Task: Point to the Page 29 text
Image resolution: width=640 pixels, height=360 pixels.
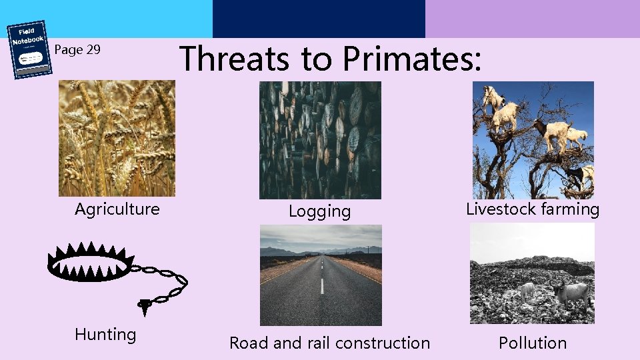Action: click(77, 49)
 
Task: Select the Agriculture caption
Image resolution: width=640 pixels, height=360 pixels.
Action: click(117, 209)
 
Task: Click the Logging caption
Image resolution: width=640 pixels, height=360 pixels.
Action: click(319, 212)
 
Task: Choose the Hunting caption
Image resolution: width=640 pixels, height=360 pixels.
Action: click(105, 335)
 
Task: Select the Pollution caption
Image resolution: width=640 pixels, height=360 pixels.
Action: click(533, 343)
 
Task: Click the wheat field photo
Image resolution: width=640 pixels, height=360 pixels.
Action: click(117, 138)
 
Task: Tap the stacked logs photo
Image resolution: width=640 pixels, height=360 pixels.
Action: click(320, 140)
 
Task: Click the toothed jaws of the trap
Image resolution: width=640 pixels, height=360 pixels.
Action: click(88, 261)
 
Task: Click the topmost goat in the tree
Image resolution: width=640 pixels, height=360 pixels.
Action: click(494, 97)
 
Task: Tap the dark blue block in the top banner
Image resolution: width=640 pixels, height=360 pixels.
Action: click(319, 19)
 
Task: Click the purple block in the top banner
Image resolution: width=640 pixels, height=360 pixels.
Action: click(532, 19)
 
